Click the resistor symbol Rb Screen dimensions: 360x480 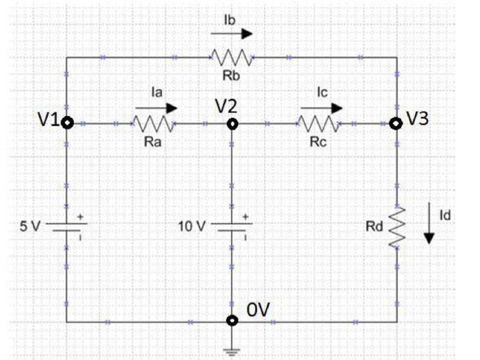[232, 58]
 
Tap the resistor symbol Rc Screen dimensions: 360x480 [319, 124]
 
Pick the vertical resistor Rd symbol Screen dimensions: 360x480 [397, 227]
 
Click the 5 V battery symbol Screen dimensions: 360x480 [67, 226]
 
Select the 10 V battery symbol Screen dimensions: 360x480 [232, 226]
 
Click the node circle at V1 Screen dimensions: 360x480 [67, 123]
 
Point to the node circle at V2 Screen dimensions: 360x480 [233, 124]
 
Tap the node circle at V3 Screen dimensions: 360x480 [396, 123]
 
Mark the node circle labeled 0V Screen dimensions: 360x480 [233, 320]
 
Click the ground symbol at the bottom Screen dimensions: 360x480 [233, 348]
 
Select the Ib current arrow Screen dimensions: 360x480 [232, 34]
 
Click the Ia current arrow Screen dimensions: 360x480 [156, 108]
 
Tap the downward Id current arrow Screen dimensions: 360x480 [429, 227]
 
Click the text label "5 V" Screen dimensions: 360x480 [30, 226]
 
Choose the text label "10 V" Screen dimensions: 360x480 [193, 226]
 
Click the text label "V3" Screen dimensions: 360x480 [418, 118]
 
